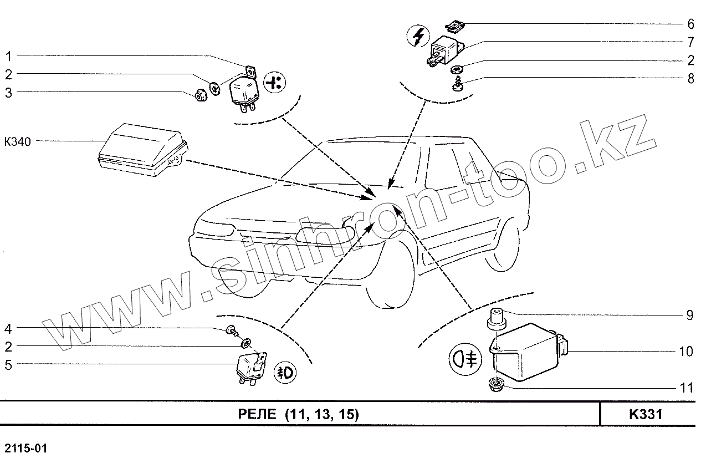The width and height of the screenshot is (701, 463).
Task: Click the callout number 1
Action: tap(9, 56)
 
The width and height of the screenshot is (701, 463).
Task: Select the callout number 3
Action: tap(9, 93)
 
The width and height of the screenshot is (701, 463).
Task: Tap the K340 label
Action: tap(17, 141)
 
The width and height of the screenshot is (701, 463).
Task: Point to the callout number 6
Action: tap(690, 24)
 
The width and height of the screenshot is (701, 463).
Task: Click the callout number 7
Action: tap(690, 42)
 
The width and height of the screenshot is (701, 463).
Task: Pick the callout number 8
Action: tap(690, 79)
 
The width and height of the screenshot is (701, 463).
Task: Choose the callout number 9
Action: tap(690, 316)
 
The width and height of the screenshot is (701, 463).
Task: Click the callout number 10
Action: tap(686, 352)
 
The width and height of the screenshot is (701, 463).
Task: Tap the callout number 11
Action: tap(687, 388)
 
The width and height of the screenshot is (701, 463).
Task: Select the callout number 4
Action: tap(8, 329)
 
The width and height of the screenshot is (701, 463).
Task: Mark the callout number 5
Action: tap(8, 365)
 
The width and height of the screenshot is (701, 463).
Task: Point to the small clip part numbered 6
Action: tap(456, 26)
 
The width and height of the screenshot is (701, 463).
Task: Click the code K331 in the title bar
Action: tap(647, 414)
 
